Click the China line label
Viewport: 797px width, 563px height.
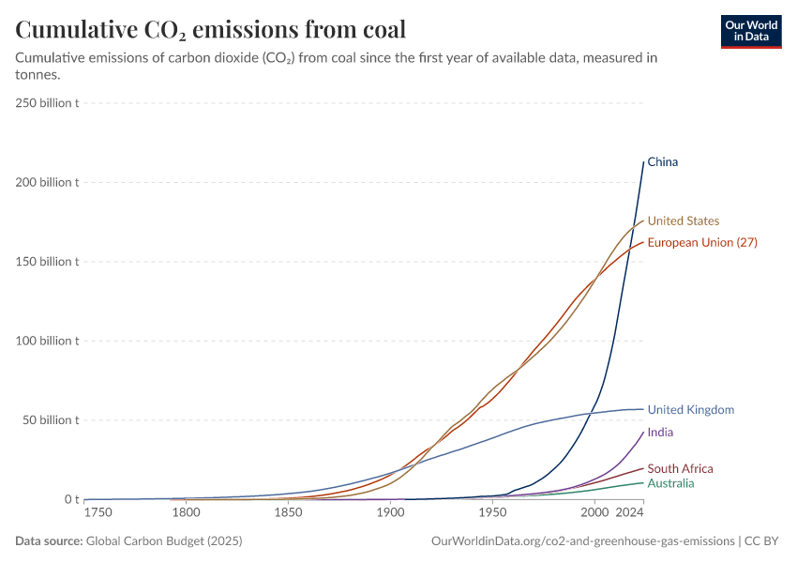click(x=662, y=162)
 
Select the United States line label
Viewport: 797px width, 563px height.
click(x=684, y=221)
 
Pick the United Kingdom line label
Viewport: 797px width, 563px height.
click(x=690, y=410)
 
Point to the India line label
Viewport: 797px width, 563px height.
click(x=660, y=433)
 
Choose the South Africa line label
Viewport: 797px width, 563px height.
click(x=680, y=468)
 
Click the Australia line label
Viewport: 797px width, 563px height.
click(x=670, y=483)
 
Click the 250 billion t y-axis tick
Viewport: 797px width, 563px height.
click(x=47, y=102)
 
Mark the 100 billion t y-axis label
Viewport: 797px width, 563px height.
click(x=47, y=341)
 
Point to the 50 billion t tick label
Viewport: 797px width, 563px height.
click(x=51, y=419)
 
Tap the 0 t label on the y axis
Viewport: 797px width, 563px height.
click(x=71, y=499)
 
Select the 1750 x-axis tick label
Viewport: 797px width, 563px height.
click(x=98, y=512)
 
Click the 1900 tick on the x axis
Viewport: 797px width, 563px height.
click(x=390, y=512)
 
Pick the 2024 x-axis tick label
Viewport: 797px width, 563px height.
click(x=629, y=512)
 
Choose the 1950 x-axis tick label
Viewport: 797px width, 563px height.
click(x=492, y=512)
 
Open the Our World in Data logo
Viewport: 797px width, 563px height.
click(x=751, y=31)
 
